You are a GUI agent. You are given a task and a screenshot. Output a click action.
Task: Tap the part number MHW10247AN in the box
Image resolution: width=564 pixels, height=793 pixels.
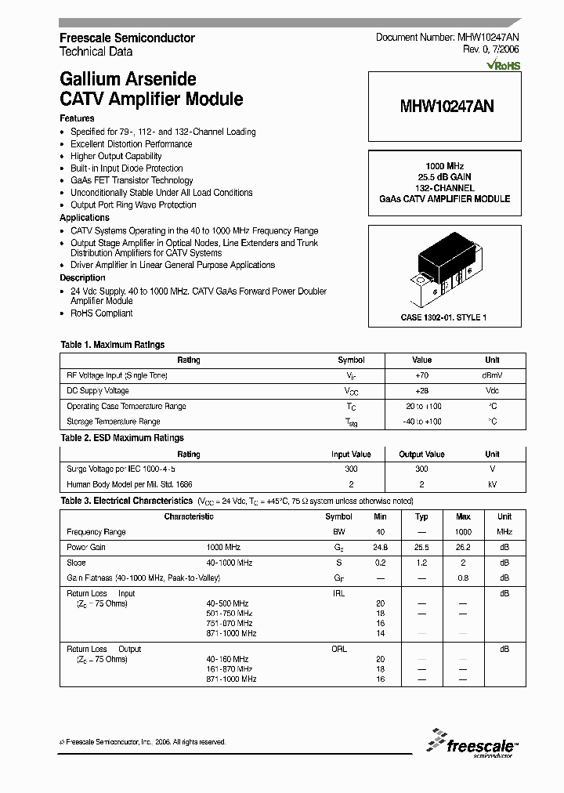coord(445,112)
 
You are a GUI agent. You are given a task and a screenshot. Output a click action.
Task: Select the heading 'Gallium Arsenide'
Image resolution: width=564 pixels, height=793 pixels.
coord(128,79)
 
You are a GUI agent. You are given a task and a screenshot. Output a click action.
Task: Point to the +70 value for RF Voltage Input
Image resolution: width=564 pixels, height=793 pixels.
coord(421,375)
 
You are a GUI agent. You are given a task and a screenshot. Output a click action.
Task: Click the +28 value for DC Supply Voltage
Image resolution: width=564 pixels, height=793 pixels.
coord(421,390)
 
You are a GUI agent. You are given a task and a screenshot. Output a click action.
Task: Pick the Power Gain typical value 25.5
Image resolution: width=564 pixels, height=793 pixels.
coord(421,547)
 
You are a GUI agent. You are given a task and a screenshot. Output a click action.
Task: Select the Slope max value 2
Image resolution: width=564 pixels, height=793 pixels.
coord(462,563)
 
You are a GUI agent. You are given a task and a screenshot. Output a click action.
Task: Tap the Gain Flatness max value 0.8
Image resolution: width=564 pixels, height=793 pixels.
coord(462,578)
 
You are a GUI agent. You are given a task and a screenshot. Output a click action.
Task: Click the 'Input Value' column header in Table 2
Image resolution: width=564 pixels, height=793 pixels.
coord(351,454)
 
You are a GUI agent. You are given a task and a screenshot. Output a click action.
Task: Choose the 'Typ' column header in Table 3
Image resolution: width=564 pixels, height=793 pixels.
coord(421,516)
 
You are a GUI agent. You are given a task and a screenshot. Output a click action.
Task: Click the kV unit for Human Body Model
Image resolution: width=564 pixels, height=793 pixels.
coord(492,484)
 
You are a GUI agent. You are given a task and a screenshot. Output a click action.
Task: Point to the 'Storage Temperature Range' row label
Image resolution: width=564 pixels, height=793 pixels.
coord(114,422)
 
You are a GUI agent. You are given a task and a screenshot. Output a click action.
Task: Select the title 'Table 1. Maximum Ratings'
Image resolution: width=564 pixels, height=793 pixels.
coord(113,345)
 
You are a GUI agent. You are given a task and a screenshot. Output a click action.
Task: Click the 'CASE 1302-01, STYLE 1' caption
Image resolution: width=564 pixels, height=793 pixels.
coord(444,317)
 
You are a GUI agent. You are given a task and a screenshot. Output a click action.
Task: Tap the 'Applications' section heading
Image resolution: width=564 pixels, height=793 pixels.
coord(85,218)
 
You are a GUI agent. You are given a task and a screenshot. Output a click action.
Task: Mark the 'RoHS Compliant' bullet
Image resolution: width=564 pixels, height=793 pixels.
coord(102,313)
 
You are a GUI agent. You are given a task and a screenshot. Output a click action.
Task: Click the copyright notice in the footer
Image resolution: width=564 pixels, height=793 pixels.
coord(143,741)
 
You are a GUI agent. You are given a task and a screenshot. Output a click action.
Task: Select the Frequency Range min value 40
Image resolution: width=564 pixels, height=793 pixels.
coord(381,532)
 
